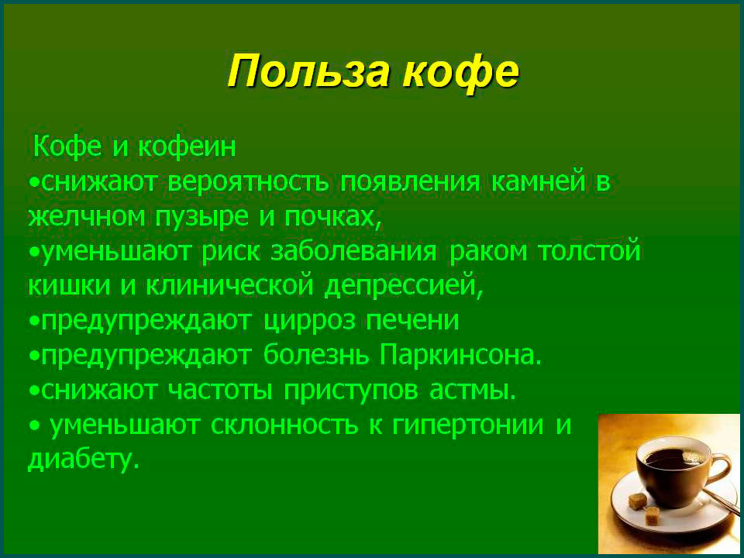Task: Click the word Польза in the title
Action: coord(311,71)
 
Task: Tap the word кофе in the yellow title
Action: coord(461,71)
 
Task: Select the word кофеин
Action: coord(187,146)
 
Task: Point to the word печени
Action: coord(412,321)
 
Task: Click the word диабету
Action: coord(84,460)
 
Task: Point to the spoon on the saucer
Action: coord(721,500)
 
